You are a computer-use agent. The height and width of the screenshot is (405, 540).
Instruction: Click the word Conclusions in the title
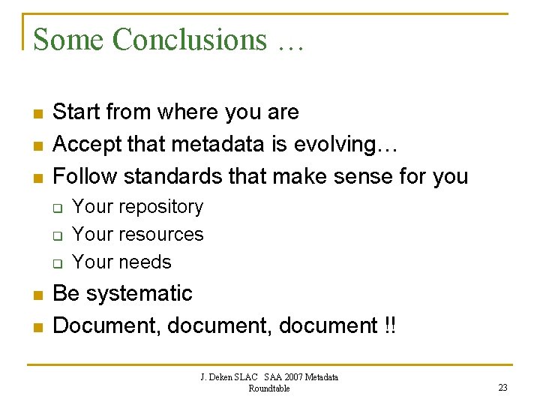(x=189, y=40)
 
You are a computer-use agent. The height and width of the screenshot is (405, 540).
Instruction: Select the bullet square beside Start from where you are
(x=37, y=114)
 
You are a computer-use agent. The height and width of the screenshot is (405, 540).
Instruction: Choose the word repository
(x=159, y=207)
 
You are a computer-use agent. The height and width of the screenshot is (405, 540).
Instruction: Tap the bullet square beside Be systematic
(x=37, y=295)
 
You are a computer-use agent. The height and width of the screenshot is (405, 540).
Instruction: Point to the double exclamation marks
(x=390, y=326)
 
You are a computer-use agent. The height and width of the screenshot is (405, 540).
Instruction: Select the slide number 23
(x=502, y=387)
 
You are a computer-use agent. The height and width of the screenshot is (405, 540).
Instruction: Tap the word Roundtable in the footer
(x=269, y=388)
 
